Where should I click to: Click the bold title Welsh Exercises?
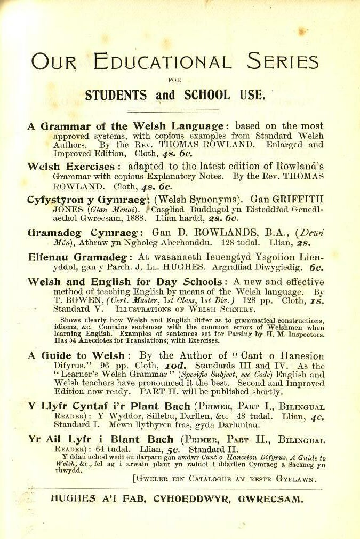click(x=70, y=167)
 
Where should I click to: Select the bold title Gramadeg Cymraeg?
click(x=84, y=233)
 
